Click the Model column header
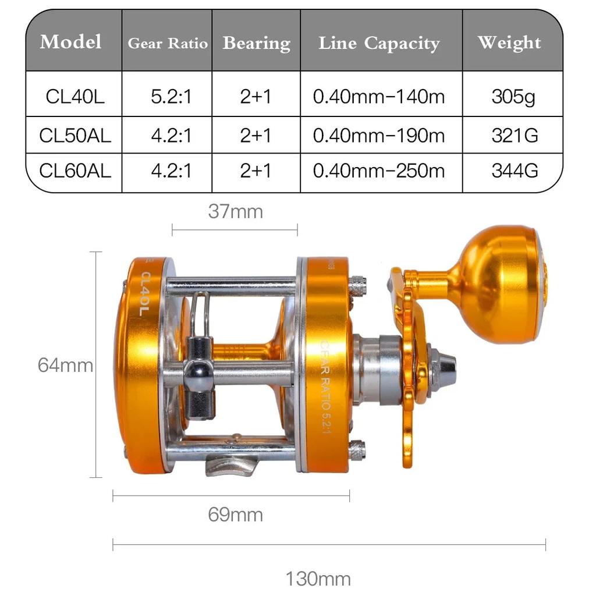(x=70, y=41)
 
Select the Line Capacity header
(x=379, y=43)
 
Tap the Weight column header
(x=509, y=42)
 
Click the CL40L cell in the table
(x=75, y=96)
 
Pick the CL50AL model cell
(x=75, y=135)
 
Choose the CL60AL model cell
(x=75, y=171)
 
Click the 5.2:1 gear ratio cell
(x=172, y=96)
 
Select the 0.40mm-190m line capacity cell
(x=379, y=135)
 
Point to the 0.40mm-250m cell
(x=379, y=171)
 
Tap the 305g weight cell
(x=513, y=97)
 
